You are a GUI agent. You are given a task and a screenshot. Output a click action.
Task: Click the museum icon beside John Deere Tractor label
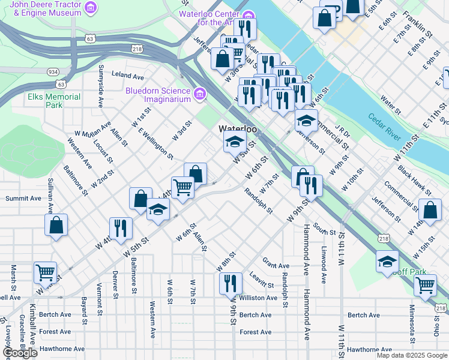90,7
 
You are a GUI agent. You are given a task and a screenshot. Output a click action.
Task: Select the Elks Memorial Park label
53,101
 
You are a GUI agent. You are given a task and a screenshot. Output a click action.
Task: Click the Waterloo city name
238,129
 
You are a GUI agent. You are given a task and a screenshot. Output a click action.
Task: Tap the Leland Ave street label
128,77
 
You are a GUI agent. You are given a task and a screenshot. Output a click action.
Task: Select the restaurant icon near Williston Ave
231,282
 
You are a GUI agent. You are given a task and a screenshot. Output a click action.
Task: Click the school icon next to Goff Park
387,261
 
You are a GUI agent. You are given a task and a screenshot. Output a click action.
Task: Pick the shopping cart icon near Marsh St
45,272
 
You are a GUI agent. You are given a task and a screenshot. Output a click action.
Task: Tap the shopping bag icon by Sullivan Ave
56,225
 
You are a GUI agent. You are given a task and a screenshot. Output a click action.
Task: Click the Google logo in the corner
20,353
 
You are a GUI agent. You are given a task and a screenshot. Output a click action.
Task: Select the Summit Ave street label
23,198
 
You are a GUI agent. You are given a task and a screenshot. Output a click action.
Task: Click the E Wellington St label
155,144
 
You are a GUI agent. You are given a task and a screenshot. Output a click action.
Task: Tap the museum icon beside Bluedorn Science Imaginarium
199,94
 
